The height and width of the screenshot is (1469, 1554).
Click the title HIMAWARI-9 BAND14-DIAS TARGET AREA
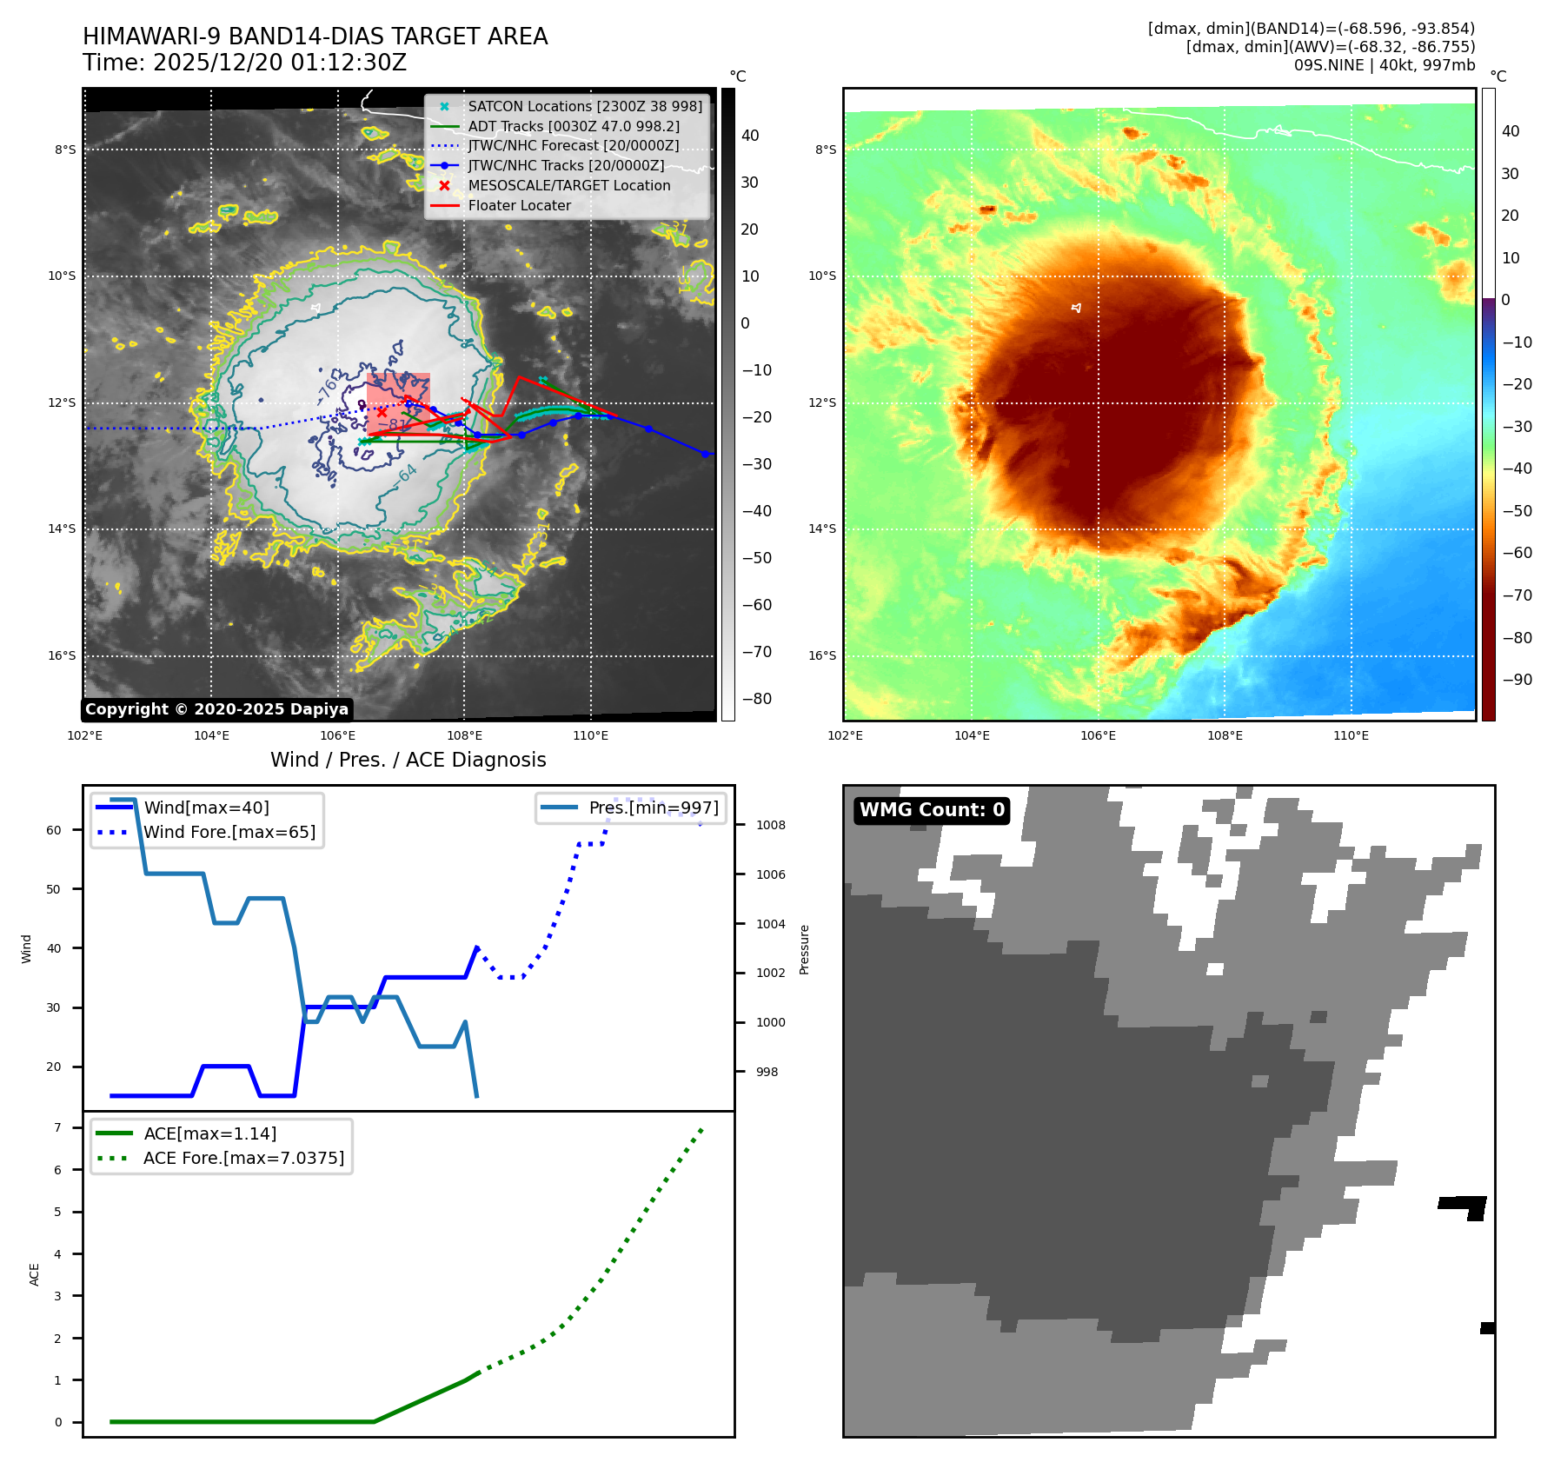coord(315,37)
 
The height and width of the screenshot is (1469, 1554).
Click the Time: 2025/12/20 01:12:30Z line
coord(244,63)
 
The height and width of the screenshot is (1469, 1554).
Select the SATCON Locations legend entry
coord(584,106)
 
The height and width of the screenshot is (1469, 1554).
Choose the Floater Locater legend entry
coord(519,205)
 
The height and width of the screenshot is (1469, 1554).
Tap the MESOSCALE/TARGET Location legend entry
coord(568,185)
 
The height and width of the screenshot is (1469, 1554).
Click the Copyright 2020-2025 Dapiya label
coord(216,709)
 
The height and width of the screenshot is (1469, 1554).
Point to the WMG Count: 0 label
coord(932,810)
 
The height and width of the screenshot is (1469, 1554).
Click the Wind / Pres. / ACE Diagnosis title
coord(408,760)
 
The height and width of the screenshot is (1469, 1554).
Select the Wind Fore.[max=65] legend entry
coord(229,832)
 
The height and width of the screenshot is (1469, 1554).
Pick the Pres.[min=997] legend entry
coord(654,808)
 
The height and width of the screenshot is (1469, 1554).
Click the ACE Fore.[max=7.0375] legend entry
coord(243,1158)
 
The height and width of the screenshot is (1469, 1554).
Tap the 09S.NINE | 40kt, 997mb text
coord(1384,65)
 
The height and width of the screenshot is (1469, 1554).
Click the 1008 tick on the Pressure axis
coord(770,825)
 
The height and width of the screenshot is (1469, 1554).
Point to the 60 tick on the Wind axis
coord(54,830)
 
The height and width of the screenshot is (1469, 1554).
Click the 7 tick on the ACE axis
coord(57,1127)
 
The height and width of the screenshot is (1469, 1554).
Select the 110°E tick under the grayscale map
coord(590,735)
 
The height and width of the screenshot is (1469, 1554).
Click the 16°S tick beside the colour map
coord(822,655)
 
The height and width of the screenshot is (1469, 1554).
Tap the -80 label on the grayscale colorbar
coord(756,699)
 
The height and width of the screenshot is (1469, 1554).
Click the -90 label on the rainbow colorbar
coord(1517,680)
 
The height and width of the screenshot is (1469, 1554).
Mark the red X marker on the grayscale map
coord(382,412)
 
